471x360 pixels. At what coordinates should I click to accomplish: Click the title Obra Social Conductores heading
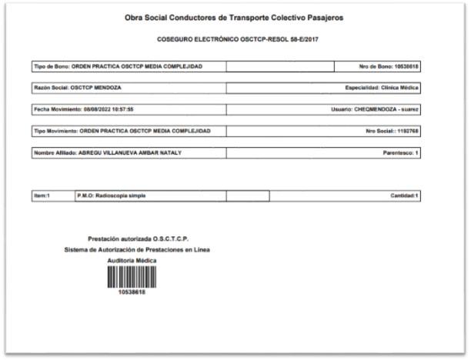click(234, 18)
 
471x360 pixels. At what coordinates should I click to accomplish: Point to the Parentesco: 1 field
click(401, 153)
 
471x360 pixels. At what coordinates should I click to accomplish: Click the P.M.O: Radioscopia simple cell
click(112, 196)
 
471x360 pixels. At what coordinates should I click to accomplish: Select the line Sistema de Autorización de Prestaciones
click(137, 249)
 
